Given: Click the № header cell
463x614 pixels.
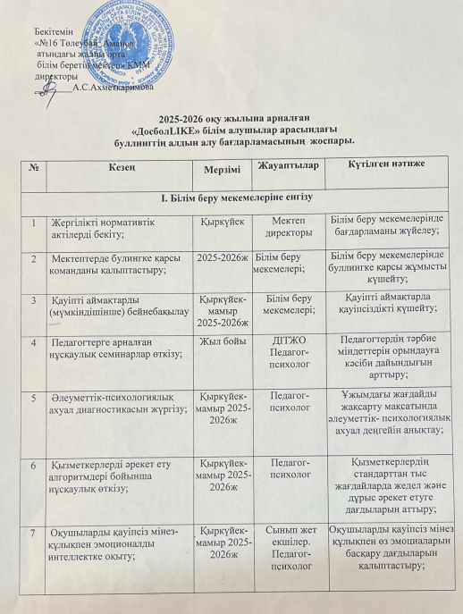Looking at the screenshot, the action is point(33,165).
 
